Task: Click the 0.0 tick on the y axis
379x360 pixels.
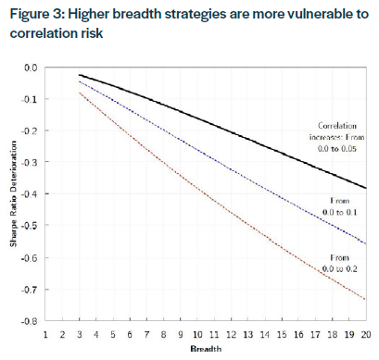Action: [31, 68]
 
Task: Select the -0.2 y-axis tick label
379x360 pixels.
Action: [29, 130]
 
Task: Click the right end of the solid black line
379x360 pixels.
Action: [365, 188]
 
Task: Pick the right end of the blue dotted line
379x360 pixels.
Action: [365, 243]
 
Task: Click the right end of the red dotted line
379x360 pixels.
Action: [365, 299]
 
